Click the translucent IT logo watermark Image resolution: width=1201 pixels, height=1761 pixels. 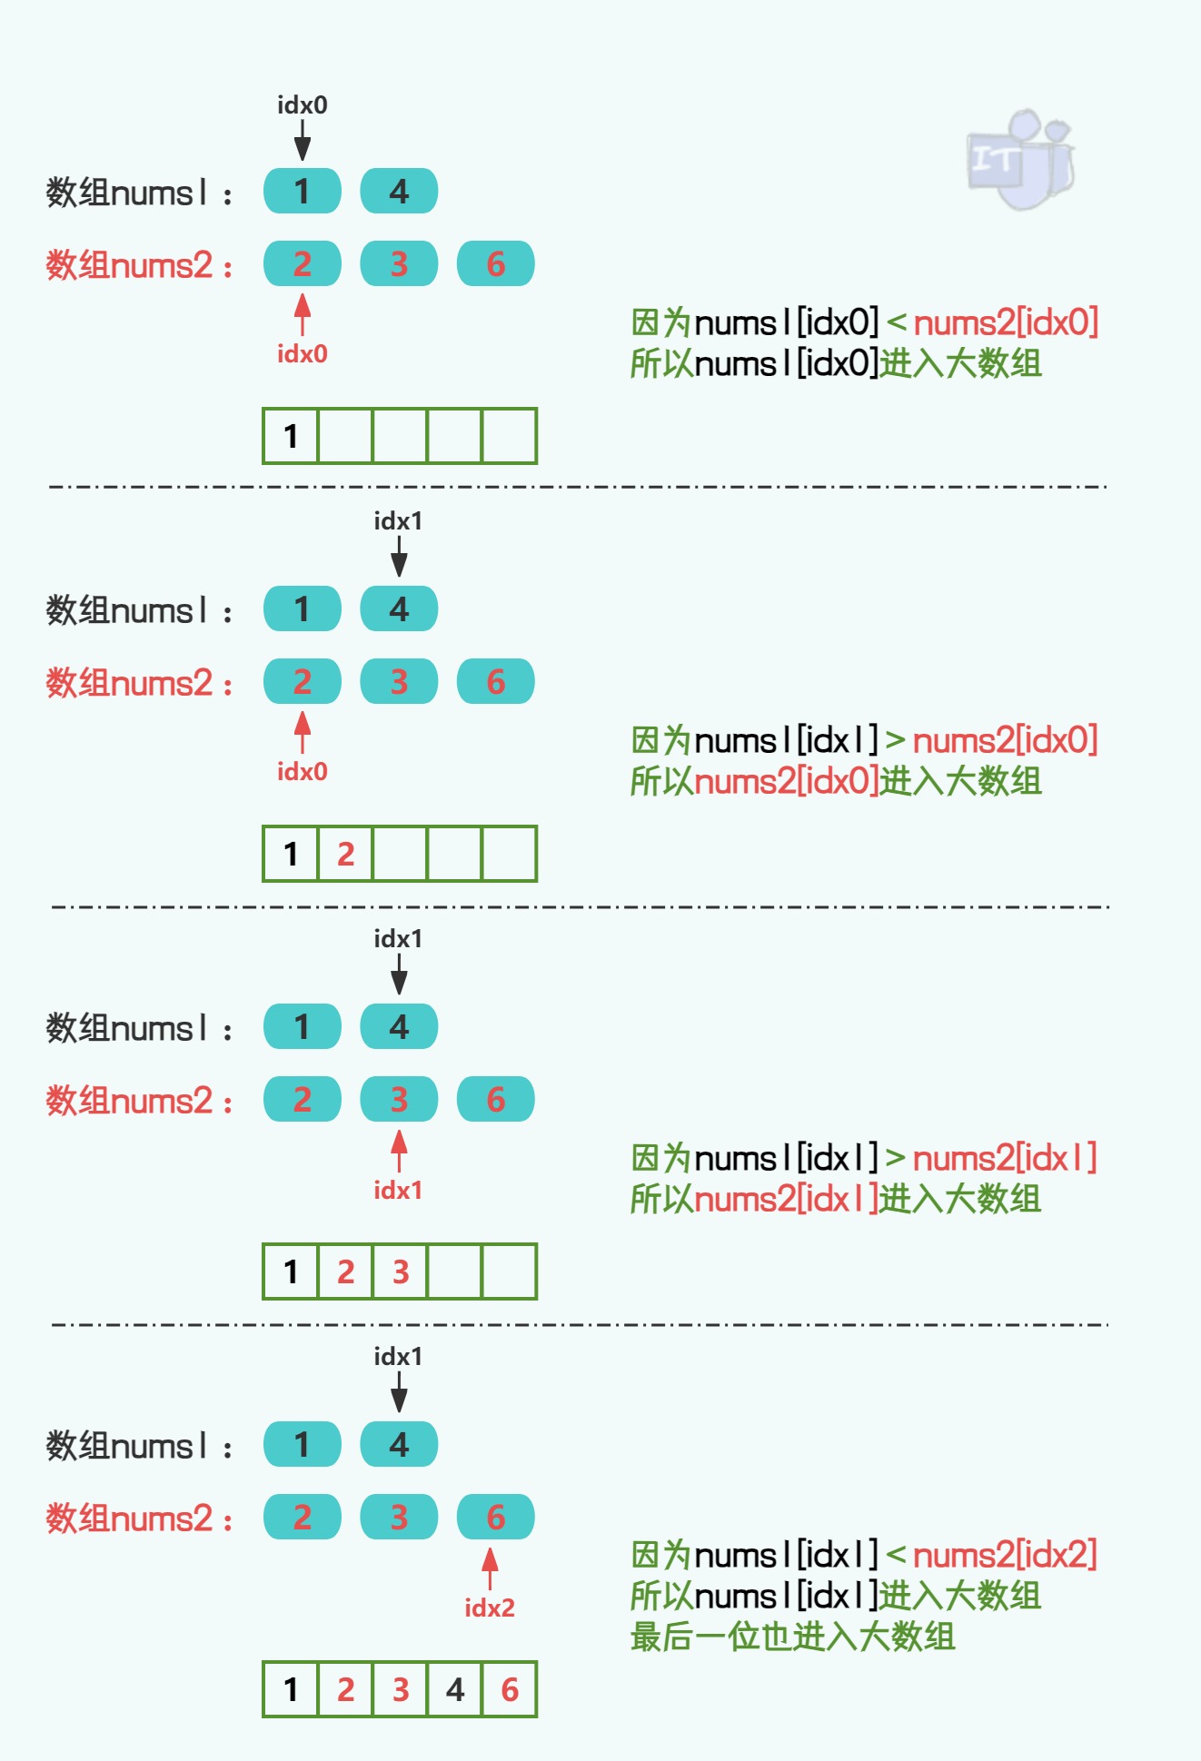(x=1020, y=160)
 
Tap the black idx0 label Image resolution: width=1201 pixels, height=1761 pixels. (x=303, y=105)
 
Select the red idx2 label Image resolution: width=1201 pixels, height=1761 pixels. (x=490, y=1608)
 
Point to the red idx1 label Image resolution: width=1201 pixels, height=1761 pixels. (x=398, y=1190)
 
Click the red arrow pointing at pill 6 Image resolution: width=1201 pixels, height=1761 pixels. (x=490, y=1567)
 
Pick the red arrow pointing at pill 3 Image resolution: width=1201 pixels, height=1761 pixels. (x=399, y=1149)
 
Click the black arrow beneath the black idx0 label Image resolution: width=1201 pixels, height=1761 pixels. (x=303, y=141)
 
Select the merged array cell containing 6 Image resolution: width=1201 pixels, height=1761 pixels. (x=510, y=1689)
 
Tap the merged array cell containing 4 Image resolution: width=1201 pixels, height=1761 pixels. (x=455, y=1689)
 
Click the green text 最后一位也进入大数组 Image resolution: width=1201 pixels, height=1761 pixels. (x=792, y=1637)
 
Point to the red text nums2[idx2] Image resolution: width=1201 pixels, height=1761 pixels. (x=1005, y=1555)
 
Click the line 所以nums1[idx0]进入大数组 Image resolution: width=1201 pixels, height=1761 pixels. (x=836, y=364)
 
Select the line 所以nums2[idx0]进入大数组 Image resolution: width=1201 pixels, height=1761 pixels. (x=836, y=782)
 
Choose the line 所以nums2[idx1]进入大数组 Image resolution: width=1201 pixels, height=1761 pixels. (x=836, y=1200)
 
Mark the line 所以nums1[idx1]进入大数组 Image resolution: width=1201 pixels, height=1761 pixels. (x=836, y=1596)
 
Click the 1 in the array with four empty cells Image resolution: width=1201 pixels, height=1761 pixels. (x=291, y=436)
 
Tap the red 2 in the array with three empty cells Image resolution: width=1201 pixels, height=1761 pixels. (x=345, y=854)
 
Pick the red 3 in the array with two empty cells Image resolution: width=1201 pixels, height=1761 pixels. (x=401, y=1271)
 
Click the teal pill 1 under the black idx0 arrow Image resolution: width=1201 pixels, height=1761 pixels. (x=303, y=192)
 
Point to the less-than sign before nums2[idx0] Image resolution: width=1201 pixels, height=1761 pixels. (x=896, y=323)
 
